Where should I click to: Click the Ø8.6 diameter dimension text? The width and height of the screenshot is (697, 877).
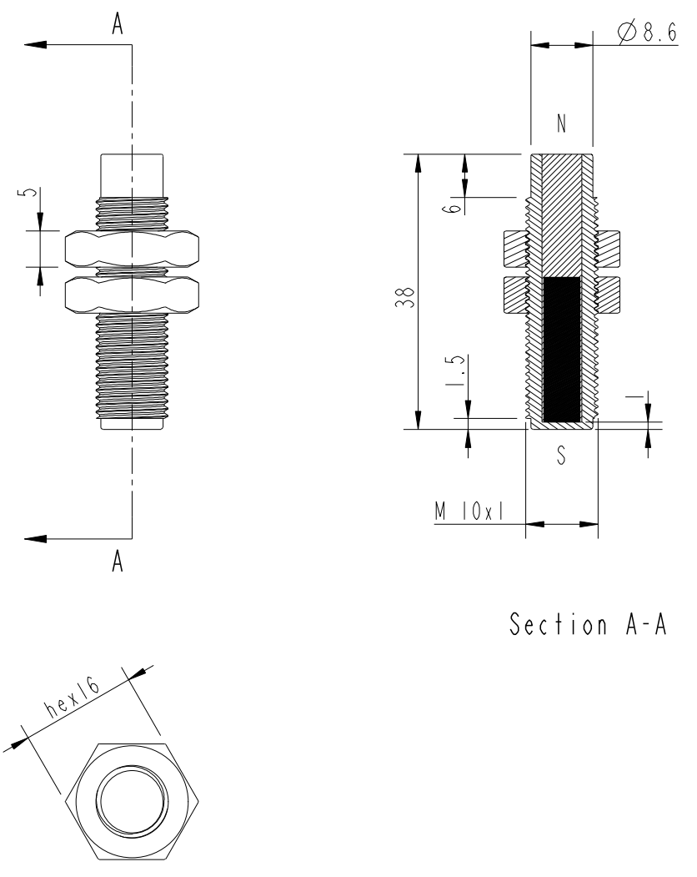click(647, 32)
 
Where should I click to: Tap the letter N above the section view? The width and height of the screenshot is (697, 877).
click(562, 123)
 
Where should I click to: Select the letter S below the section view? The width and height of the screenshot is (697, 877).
click(561, 455)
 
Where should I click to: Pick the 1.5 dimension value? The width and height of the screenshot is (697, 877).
click(455, 370)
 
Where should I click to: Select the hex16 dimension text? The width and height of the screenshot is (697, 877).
click(73, 699)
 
